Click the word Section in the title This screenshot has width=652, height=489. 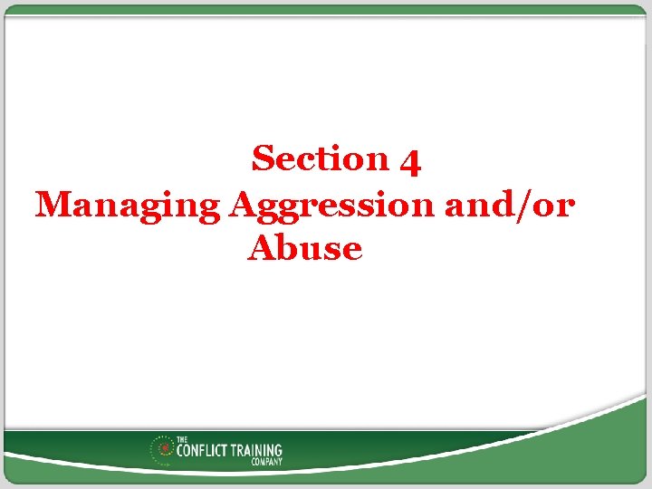(x=321, y=158)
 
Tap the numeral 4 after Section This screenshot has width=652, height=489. (x=409, y=161)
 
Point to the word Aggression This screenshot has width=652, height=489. (x=333, y=206)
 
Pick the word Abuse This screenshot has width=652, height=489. (x=304, y=248)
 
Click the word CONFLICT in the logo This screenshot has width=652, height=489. (x=206, y=449)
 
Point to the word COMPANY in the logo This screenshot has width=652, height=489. (x=266, y=461)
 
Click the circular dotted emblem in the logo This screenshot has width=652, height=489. (x=165, y=449)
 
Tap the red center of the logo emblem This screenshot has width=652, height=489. (x=165, y=448)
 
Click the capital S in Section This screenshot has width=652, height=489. (x=264, y=158)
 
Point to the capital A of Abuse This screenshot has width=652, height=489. (x=261, y=248)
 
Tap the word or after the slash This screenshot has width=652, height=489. (x=551, y=206)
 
